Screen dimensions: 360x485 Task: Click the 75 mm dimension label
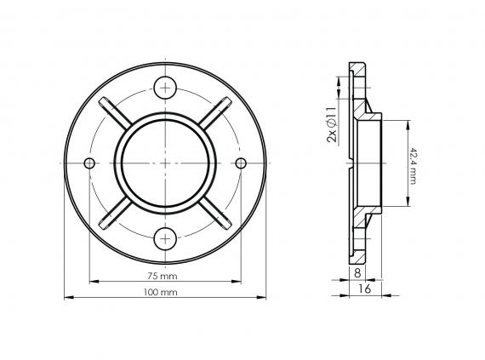click(162, 277)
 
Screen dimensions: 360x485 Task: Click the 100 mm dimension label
click(162, 293)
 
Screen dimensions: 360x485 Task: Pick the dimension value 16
click(363, 290)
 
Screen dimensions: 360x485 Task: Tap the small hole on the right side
click(241, 162)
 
